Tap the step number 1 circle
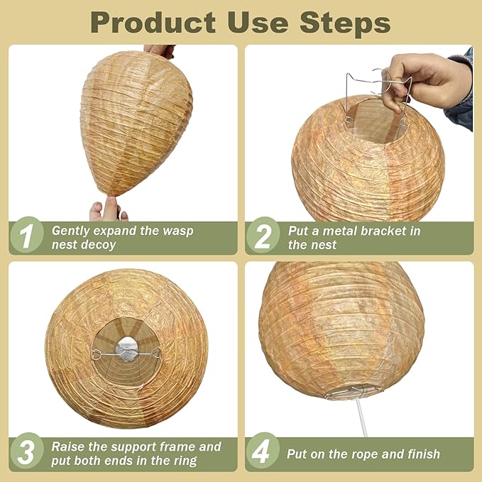(x=26, y=236)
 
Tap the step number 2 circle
(x=263, y=236)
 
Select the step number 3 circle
(x=26, y=453)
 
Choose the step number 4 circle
(x=263, y=453)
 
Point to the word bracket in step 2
(x=388, y=231)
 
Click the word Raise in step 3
(x=70, y=447)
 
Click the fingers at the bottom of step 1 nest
(x=107, y=209)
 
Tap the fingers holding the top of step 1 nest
(x=159, y=50)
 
